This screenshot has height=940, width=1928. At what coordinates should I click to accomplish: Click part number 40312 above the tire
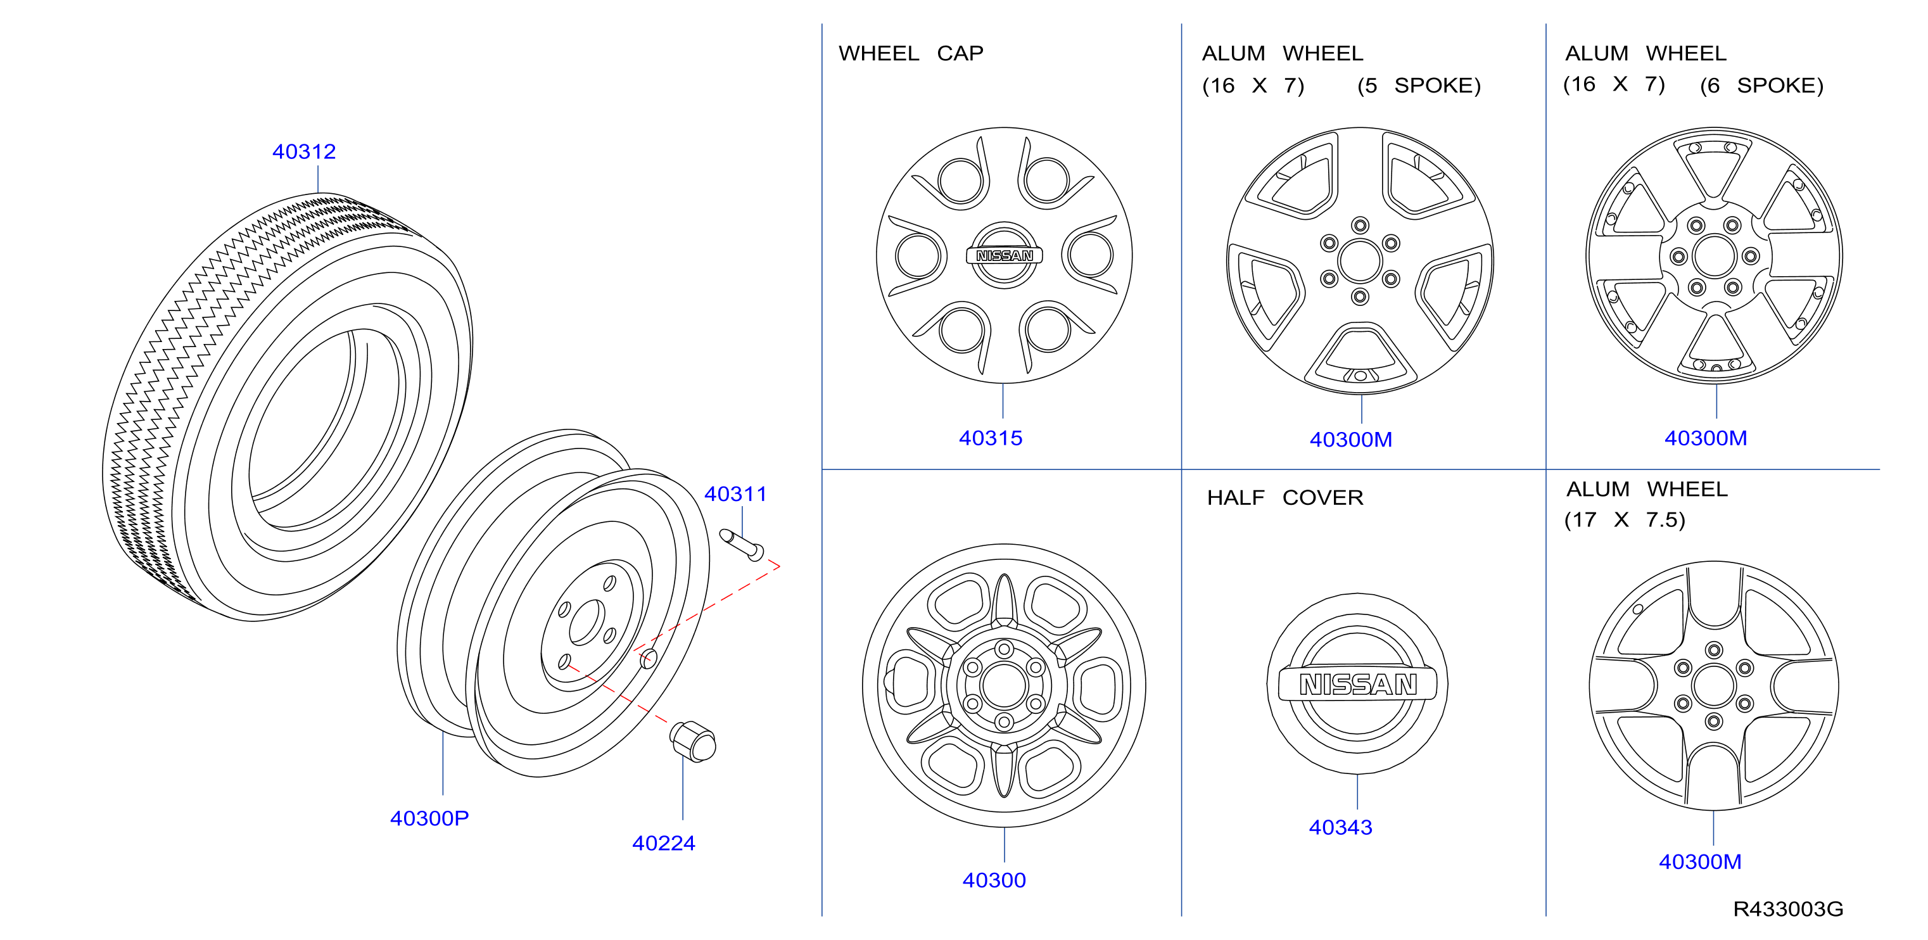tap(304, 151)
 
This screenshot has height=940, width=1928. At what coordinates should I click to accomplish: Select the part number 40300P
tap(429, 818)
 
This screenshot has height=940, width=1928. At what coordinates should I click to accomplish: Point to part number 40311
tap(736, 494)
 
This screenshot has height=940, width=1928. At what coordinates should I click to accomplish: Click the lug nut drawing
tap(692, 741)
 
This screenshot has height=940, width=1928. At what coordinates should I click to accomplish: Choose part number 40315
tap(991, 438)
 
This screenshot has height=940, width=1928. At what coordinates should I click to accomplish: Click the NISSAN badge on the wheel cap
tap(1005, 256)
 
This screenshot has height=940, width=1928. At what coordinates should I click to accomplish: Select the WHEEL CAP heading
tap(911, 53)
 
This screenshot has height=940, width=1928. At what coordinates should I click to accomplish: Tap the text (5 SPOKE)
tap(1419, 86)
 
